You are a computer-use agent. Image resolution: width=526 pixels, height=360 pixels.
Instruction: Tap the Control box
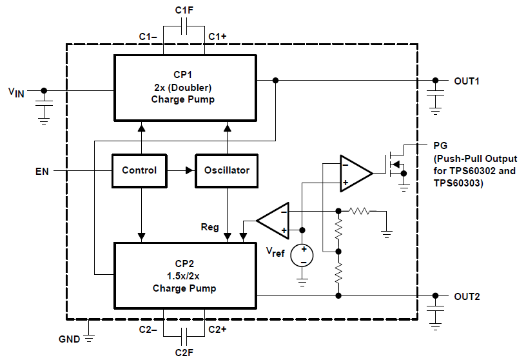coord(139,170)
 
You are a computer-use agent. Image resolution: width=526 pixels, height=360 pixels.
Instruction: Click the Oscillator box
coord(226,170)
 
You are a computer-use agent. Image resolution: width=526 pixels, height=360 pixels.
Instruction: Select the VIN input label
coord(16,92)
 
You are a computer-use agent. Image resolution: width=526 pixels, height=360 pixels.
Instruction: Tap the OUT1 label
coord(467,81)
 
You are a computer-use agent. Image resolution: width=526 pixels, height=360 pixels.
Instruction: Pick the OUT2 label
coord(467,297)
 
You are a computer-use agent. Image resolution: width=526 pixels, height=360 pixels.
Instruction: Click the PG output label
coord(441,145)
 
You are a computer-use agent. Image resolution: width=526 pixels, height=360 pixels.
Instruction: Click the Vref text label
coord(275,253)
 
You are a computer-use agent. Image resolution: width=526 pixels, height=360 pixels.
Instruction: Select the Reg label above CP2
coord(210,227)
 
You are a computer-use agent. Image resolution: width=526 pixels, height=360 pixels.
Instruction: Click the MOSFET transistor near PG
coord(394,164)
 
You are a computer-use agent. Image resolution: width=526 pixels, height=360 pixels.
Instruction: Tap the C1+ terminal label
coord(217,37)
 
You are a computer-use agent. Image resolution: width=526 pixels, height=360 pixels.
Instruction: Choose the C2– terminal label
coord(148,330)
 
